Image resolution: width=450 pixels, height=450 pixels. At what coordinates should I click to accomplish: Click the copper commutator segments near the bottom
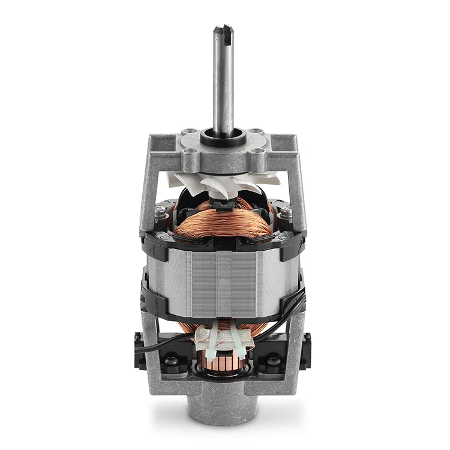tap(223, 364)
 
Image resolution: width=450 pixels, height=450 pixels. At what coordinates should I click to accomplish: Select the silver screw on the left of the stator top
tap(161, 211)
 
